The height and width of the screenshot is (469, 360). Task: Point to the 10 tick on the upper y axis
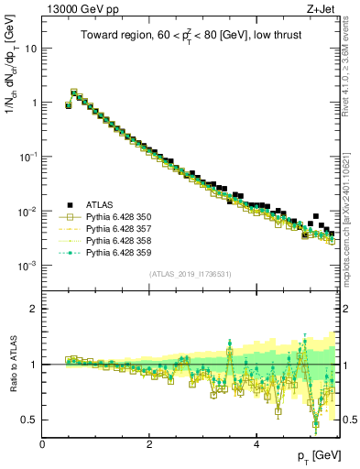click(30, 49)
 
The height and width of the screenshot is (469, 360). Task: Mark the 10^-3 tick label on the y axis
click(27, 266)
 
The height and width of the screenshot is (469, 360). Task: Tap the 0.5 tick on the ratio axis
click(28, 420)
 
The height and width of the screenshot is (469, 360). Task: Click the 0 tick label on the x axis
click(42, 444)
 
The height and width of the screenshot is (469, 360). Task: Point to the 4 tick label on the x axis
click(256, 444)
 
